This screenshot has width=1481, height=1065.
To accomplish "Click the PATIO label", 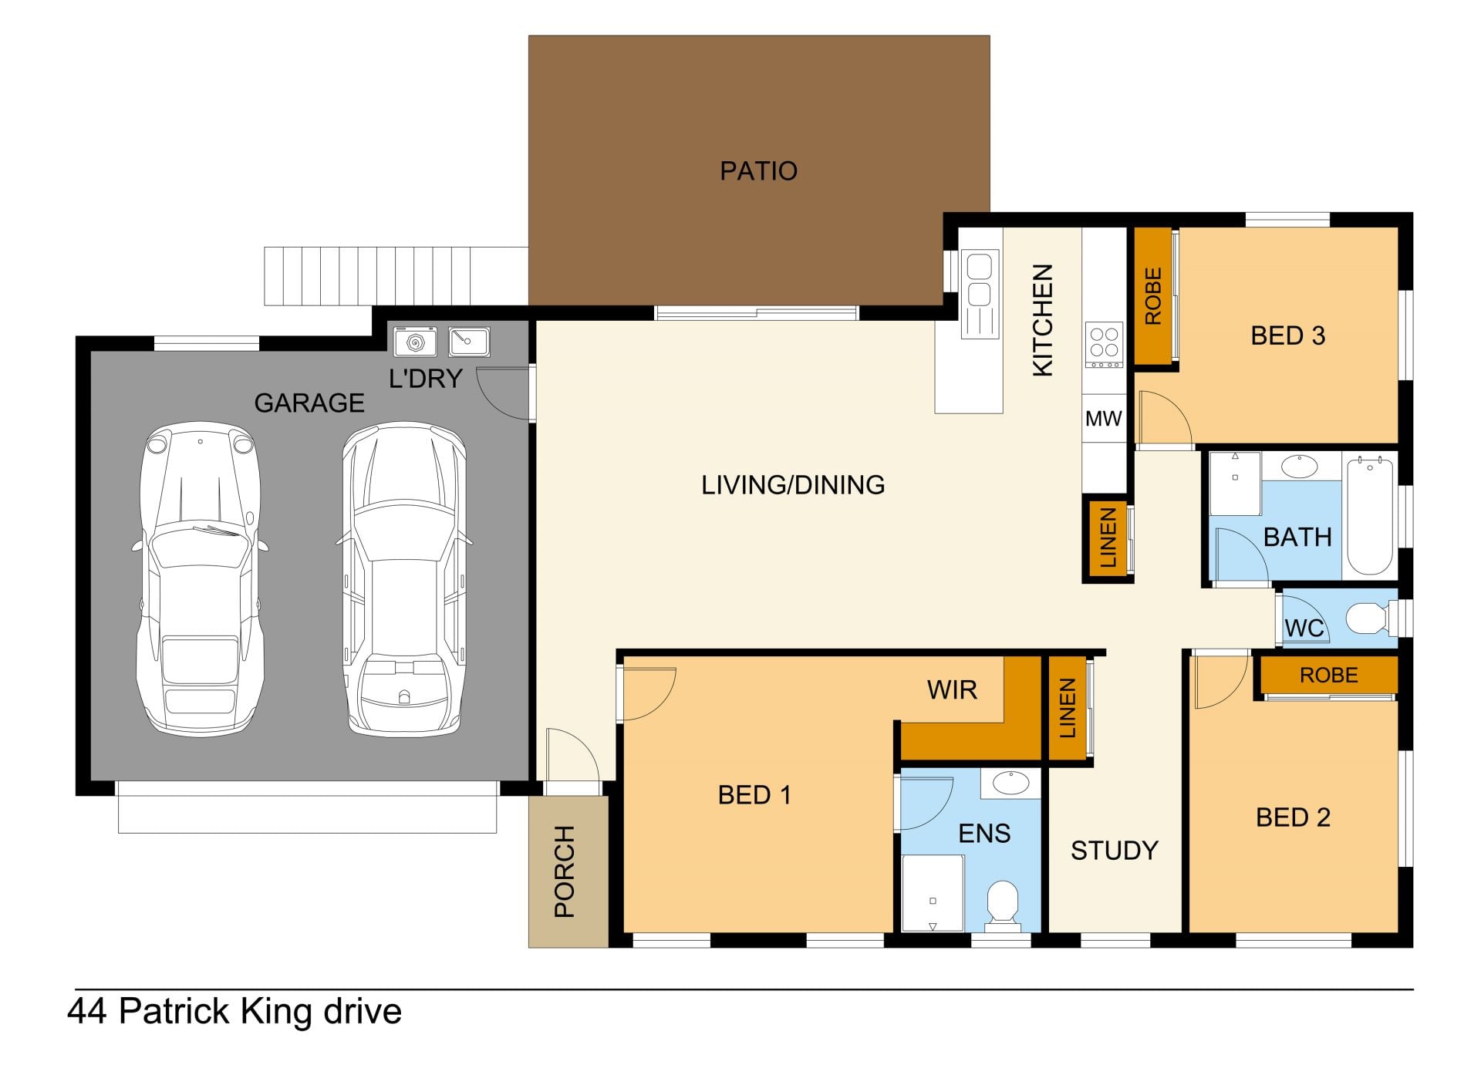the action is click(x=758, y=170).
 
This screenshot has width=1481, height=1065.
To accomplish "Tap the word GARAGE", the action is click(x=309, y=403).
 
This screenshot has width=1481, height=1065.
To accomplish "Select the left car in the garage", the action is click(x=201, y=578).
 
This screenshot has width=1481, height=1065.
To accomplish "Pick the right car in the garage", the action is click(x=403, y=578).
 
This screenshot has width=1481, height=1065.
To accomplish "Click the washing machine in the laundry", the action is click(x=415, y=342).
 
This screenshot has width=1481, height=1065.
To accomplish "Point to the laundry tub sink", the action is click(x=469, y=342).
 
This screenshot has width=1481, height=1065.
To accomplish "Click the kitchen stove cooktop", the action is click(x=1104, y=345).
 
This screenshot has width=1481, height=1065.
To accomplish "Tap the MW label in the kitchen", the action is click(x=1103, y=419).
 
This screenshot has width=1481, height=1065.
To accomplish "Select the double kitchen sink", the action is click(x=980, y=294).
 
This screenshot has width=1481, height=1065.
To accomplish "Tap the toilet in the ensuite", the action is click(x=1004, y=902).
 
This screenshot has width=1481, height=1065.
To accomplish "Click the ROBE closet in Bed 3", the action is click(x=1153, y=296).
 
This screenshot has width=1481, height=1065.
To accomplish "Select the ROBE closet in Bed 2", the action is click(x=1328, y=675).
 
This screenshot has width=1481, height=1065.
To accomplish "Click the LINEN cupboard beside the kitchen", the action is click(x=1108, y=538).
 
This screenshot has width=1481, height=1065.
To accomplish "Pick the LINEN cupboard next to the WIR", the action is click(x=1068, y=708).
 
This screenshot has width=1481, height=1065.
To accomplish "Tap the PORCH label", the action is click(x=565, y=871).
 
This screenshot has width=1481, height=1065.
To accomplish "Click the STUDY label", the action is click(x=1115, y=851).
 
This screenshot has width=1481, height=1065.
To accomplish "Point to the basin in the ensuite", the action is click(x=1010, y=783).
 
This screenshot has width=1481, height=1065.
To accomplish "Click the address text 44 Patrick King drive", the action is click(x=234, y=1012).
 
